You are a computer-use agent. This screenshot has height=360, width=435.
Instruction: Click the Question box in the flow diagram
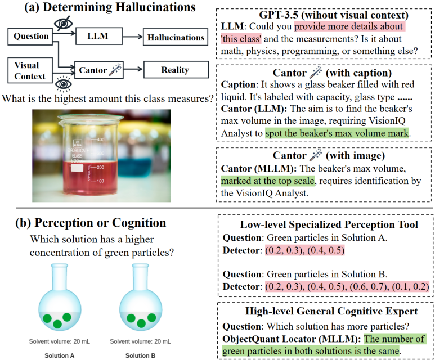pos(30,37)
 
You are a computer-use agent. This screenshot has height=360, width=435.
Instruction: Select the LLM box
pos(99,36)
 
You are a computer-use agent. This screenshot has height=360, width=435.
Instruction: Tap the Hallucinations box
pos(176,37)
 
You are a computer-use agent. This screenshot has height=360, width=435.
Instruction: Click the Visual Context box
pos(30,70)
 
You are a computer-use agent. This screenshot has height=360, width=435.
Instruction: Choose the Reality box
pos(176,70)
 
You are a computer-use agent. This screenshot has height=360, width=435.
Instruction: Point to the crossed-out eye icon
pos(64,23)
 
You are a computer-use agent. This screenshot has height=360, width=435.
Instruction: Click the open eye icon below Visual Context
pos(64,84)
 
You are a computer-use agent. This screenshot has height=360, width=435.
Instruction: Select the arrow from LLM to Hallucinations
pos(133,37)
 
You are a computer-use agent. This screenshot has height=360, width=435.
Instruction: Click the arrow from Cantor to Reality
pos(133,69)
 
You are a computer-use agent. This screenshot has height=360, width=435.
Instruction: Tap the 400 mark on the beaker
pos(100,139)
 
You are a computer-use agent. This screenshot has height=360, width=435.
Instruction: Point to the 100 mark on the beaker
pos(100,181)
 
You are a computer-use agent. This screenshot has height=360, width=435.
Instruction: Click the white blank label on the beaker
pos(77,168)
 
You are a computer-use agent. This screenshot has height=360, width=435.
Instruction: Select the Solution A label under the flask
pos(59,355)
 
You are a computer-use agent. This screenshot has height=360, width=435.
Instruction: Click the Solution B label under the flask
pos(140,355)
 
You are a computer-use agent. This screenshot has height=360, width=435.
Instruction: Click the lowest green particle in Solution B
pos(141,323)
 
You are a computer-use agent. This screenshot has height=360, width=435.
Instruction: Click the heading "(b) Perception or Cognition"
pos(91,223)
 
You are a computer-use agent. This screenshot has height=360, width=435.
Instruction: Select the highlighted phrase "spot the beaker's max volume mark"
pos(337,133)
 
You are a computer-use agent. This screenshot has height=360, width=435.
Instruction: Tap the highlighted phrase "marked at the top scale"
pos(268,181)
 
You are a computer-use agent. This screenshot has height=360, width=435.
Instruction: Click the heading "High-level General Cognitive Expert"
pos(331,311)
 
